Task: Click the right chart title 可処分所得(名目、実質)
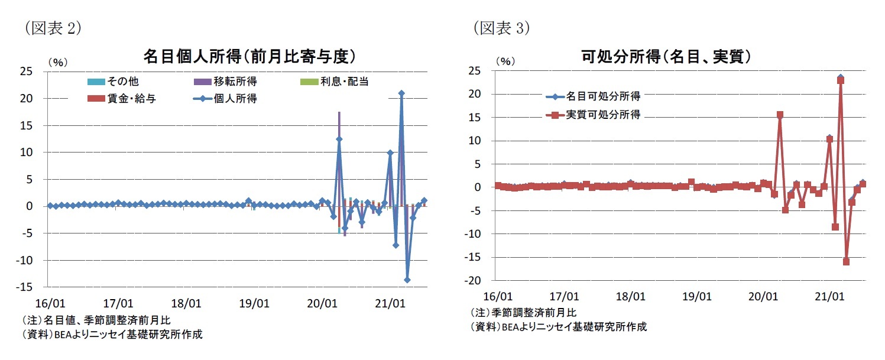coord(666,56)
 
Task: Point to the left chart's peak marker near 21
coord(401,93)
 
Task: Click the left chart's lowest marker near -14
coord(407,280)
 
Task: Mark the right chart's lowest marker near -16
coord(846,261)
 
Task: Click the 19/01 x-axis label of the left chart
coord(254,304)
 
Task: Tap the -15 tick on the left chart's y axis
coord(33,287)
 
